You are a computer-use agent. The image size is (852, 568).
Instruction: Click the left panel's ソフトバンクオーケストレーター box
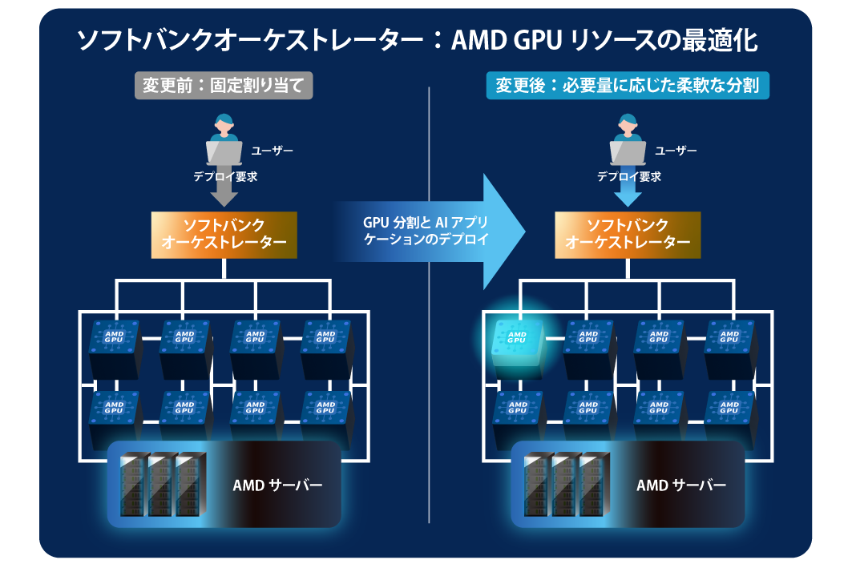[x=224, y=235]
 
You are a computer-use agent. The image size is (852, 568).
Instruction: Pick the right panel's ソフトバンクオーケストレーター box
[x=628, y=235]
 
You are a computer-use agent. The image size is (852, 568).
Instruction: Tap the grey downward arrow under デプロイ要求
[x=224, y=192]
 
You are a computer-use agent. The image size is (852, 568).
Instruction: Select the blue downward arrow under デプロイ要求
[x=628, y=192]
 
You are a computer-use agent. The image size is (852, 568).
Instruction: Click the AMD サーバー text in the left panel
[x=277, y=485]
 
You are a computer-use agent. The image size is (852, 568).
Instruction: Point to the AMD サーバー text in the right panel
[x=681, y=485]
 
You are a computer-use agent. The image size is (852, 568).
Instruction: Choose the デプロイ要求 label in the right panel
[x=629, y=177]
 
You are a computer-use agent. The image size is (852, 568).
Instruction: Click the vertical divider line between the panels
[x=430, y=401]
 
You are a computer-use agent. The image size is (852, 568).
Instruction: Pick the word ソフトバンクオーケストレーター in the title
[x=241, y=42]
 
